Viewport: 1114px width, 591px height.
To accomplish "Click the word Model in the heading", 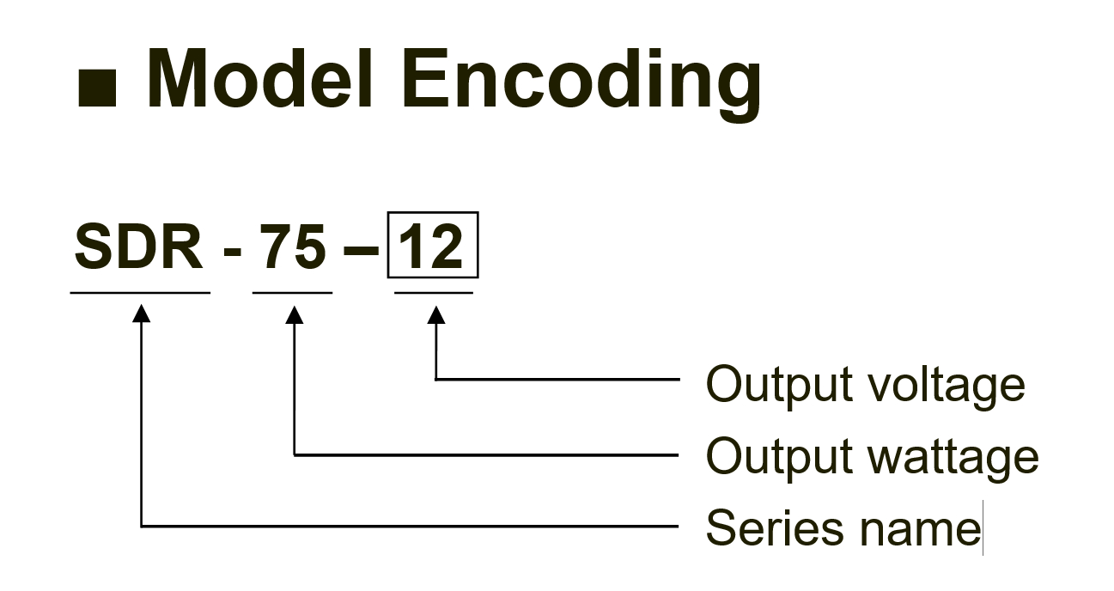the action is (x=259, y=78).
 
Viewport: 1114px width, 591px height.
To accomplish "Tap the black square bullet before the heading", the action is (x=97, y=88).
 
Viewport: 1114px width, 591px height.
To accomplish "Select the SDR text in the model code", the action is (x=138, y=247).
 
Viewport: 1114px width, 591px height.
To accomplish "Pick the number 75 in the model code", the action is (x=293, y=247).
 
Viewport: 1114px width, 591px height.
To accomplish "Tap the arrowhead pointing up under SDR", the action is (x=141, y=313).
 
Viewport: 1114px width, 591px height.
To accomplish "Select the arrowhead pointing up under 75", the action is (x=295, y=314).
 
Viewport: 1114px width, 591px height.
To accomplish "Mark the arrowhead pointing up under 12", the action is (x=436, y=314).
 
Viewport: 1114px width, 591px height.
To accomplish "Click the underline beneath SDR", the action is (x=140, y=293).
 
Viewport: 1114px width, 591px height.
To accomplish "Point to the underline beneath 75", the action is (x=292, y=293).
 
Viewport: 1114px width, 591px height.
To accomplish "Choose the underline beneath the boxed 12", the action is (x=434, y=293).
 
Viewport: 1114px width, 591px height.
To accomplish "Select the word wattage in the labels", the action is (x=953, y=458).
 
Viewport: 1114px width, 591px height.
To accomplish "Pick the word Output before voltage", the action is (x=779, y=386).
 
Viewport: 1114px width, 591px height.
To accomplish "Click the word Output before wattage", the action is (x=779, y=458).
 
